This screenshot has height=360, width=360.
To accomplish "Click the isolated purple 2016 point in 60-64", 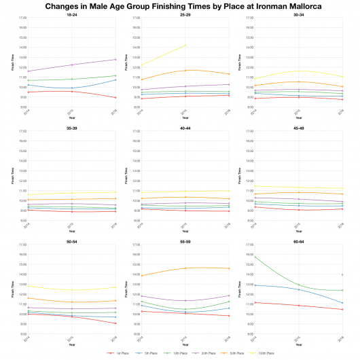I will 342,274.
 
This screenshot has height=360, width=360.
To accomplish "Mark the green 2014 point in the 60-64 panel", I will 254,256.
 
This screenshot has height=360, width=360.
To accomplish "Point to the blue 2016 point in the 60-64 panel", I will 342,303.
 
